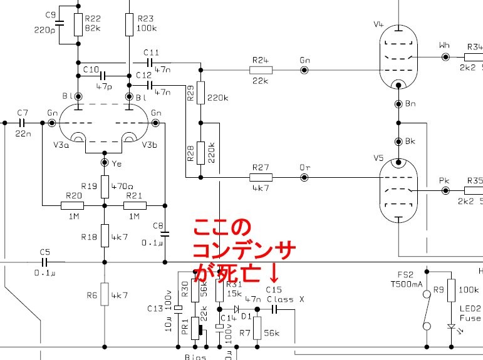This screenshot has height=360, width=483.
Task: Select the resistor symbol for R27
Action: coord(260,178)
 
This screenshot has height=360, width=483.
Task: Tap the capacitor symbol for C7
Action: coord(23,123)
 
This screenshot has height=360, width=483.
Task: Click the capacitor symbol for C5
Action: coord(44,262)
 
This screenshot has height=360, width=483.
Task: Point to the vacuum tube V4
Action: coord(398,56)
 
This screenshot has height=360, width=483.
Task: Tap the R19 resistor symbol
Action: coord(105,187)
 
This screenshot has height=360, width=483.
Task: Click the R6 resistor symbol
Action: coord(105,295)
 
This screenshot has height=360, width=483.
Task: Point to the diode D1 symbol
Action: coord(236,309)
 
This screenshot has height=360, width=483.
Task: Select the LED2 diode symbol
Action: coord(450,326)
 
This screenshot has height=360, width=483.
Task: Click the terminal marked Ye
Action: coord(105,163)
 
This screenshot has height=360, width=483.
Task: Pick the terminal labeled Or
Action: coord(304,178)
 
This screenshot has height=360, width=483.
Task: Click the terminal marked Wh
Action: coord(445,56)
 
